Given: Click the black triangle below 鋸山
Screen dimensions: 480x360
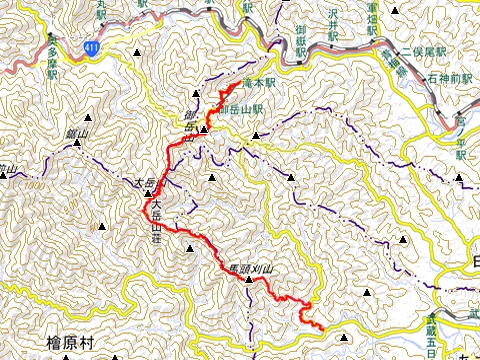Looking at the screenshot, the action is pyautogui.click(x=76, y=147).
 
